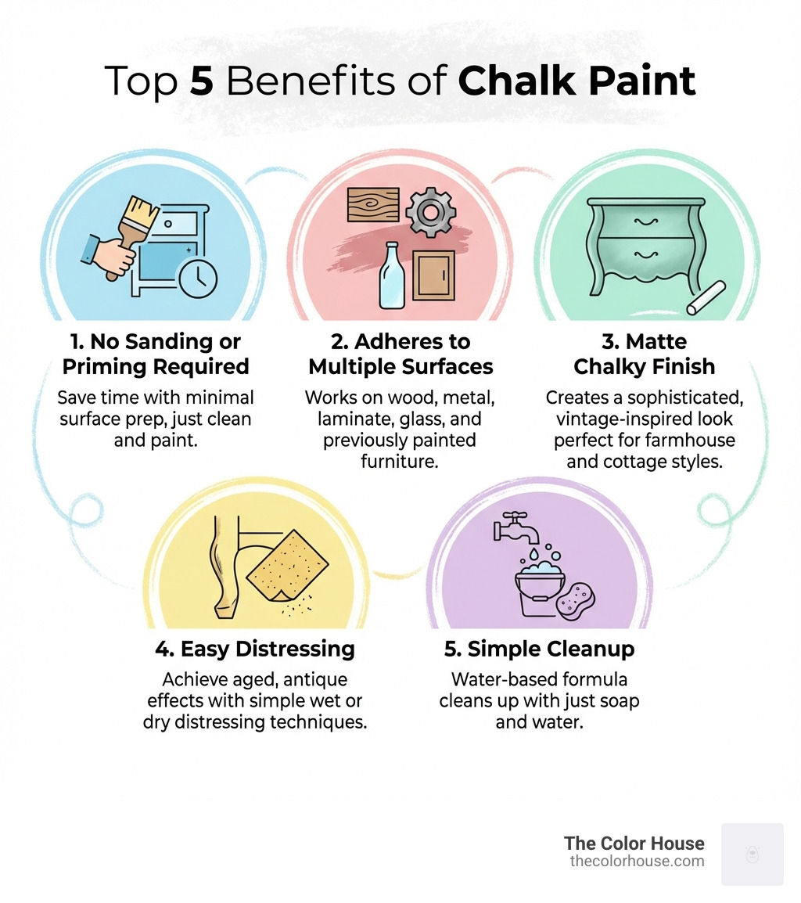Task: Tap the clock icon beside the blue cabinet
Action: tap(198, 278)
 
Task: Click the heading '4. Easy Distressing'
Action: tap(256, 649)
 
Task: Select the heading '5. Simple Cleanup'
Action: tap(539, 649)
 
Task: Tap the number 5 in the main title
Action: tap(203, 82)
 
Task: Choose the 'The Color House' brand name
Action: tap(634, 844)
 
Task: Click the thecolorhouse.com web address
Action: tap(637, 862)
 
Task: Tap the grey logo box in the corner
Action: tap(752, 854)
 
